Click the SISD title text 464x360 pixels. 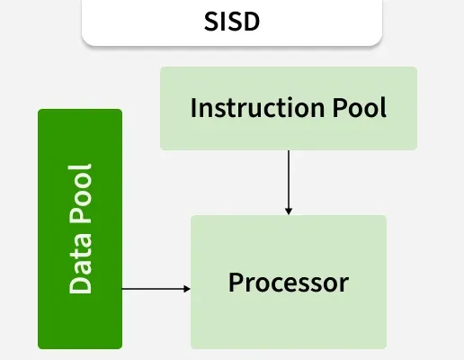[232, 22]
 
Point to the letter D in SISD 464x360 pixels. [251, 22]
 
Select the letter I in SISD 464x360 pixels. [224, 22]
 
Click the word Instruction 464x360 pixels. [257, 107]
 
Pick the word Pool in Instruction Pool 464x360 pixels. [360, 107]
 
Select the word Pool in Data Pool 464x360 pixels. [80, 194]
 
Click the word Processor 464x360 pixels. [289, 283]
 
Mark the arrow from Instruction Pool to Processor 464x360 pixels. [289, 183]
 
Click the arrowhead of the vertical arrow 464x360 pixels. [289, 211]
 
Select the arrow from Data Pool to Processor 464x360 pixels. [156, 289]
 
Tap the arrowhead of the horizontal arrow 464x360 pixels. [187, 289]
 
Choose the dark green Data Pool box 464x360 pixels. [80, 229]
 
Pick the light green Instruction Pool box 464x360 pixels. [289, 108]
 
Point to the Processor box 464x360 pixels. [289, 282]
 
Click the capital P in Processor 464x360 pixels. [236, 282]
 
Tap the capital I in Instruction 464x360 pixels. [193, 107]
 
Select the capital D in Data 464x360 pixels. [80, 284]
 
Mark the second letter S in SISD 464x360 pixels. [234, 22]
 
